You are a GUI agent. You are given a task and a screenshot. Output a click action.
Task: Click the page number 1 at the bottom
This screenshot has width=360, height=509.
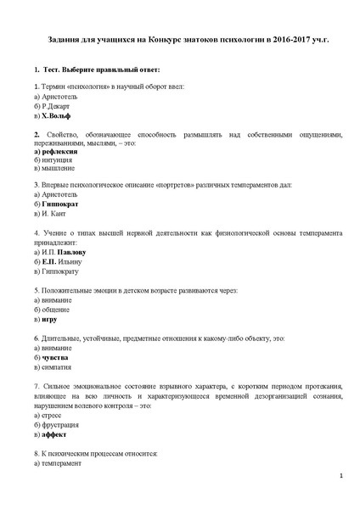(x=340, y=477)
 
